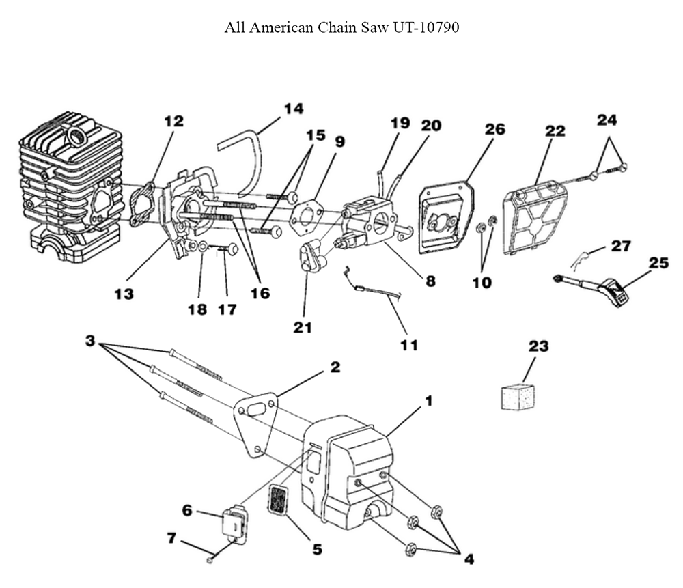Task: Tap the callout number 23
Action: click(538, 346)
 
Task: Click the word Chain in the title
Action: click(331, 28)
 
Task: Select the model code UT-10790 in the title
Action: click(425, 28)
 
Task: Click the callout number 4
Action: click(469, 559)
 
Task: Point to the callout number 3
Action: click(89, 339)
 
